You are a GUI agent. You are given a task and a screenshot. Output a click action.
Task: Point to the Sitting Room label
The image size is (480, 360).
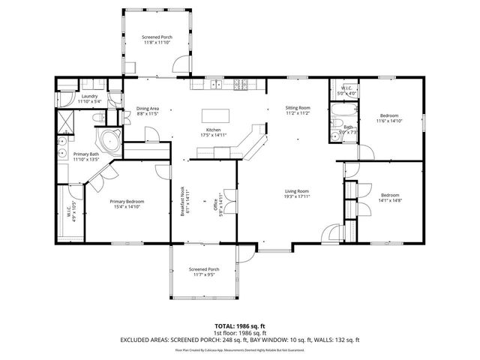[298, 109]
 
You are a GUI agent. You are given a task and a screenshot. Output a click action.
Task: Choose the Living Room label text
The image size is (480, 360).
[298, 192]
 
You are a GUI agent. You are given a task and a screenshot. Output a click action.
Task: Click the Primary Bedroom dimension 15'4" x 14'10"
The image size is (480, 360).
[127, 206]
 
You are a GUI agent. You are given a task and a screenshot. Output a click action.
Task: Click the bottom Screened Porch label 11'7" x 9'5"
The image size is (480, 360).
[203, 271]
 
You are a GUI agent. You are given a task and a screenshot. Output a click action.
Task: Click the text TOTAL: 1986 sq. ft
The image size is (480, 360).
[239, 325]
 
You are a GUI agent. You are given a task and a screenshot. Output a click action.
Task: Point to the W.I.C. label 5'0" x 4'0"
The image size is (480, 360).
[346, 90]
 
